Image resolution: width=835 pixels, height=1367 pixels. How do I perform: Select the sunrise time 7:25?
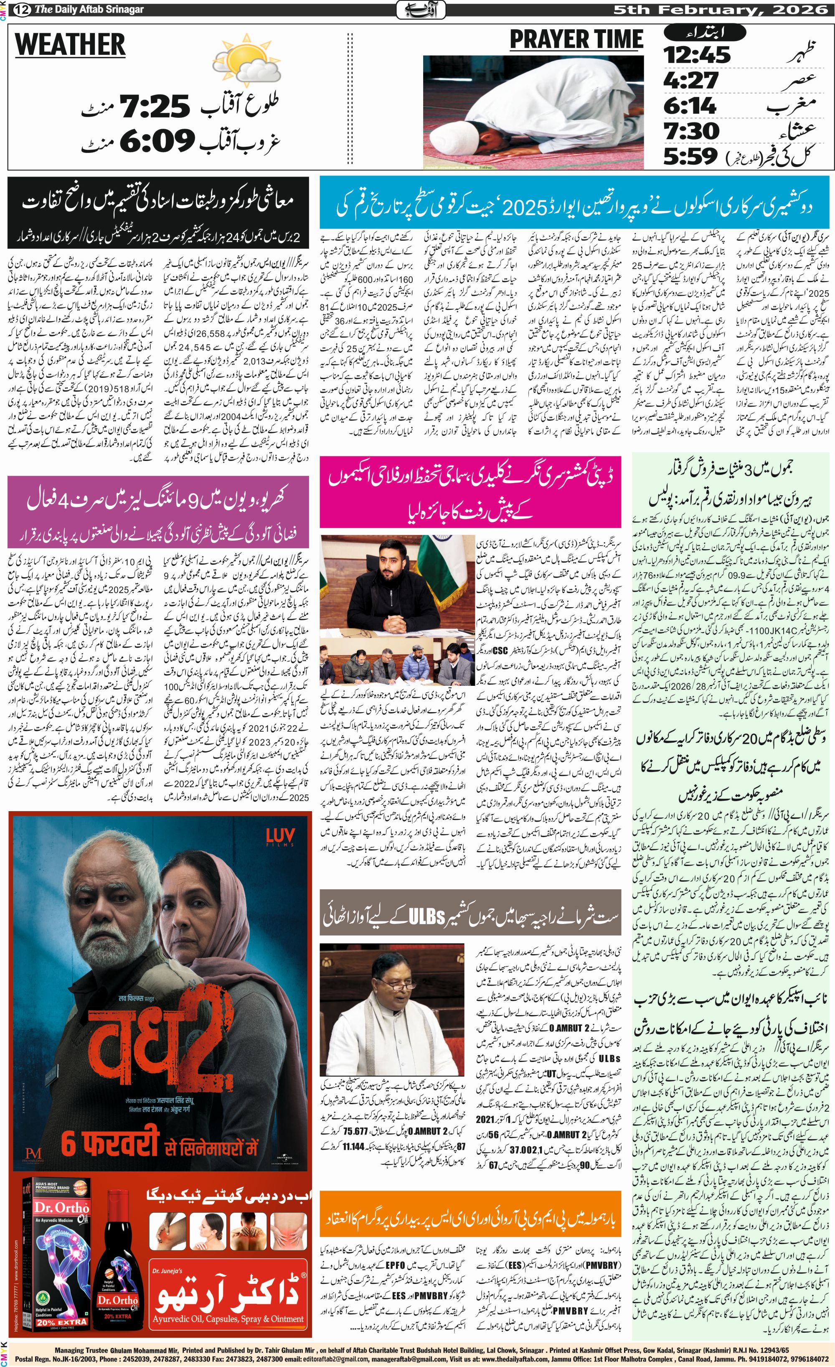[x=156, y=107]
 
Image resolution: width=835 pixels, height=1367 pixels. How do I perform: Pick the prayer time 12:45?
[x=697, y=55]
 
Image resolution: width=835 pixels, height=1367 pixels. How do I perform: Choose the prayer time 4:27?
[x=691, y=80]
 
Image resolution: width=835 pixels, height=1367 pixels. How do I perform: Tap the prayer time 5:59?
[x=691, y=156]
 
